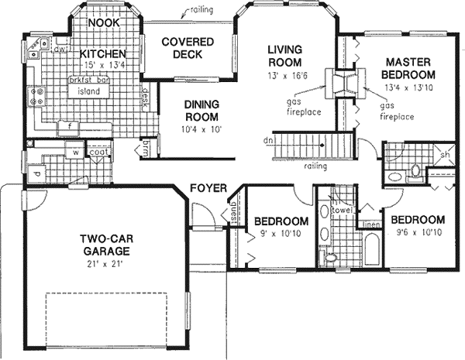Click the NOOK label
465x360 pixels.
(103, 24)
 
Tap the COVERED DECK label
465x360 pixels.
(177, 48)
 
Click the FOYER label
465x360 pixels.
(208, 187)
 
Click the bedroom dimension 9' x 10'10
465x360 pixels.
(281, 234)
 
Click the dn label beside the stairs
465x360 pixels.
(267, 141)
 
